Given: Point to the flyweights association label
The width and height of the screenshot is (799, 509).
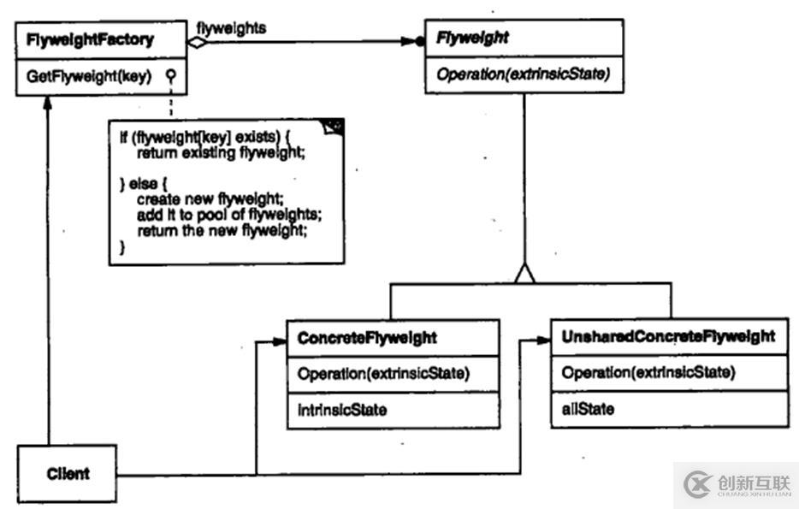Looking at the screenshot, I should pyautogui.click(x=231, y=28).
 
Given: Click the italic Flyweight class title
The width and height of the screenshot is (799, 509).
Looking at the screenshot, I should pyautogui.click(x=472, y=38).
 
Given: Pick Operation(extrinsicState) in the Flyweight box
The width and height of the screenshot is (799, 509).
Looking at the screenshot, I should pyautogui.click(x=523, y=74).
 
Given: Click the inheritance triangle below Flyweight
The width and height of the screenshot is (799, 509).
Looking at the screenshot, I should pyautogui.click(x=524, y=274).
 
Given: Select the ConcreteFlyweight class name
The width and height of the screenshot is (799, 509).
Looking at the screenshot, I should pyautogui.click(x=367, y=338).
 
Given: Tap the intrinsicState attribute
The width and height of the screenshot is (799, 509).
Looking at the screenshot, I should pyautogui.click(x=342, y=410).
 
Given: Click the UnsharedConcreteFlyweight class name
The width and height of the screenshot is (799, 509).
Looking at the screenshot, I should pyautogui.click(x=668, y=336).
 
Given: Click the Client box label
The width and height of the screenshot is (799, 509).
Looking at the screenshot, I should pyautogui.click(x=68, y=473).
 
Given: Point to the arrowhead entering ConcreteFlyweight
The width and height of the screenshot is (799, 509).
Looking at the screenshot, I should pyautogui.click(x=279, y=341).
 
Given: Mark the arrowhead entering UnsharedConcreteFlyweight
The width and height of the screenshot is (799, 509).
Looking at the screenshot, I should pyautogui.click(x=544, y=340).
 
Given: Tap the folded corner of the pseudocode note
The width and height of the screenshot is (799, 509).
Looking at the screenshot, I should pyautogui.click(x=334, y=127).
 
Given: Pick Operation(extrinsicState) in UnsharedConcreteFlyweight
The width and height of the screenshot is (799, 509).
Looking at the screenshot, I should pyautogui.click(x=648, y=372).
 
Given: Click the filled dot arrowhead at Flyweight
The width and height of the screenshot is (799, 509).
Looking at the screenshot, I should pyautogui.click(x=419, y=40).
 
